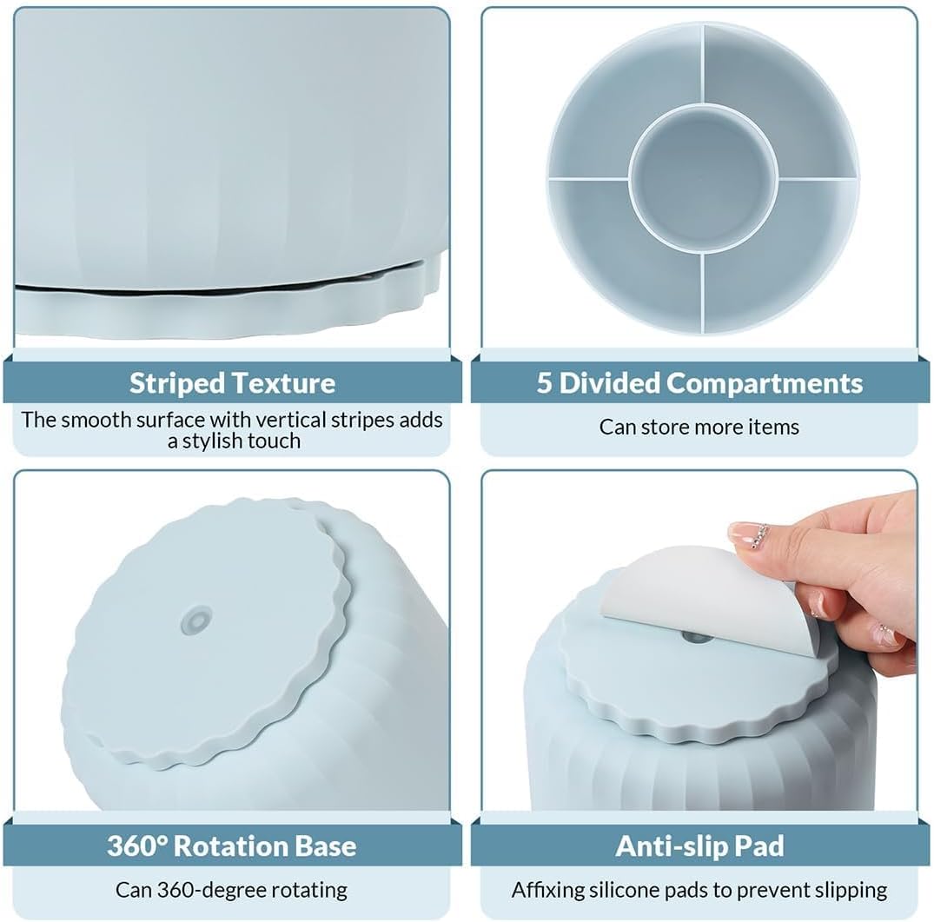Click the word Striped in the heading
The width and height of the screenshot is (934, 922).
click(x=176, y=383)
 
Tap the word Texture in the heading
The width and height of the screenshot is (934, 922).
click(x=283, y=383)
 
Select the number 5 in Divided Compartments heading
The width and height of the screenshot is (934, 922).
click(x=544, y=383)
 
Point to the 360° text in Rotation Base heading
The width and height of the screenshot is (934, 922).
click(x=137, y=846)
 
